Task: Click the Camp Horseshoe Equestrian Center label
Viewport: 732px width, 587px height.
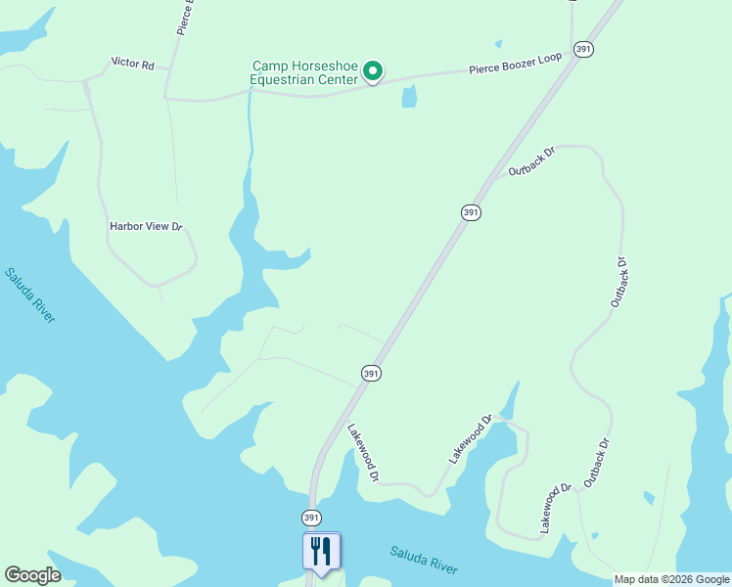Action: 305,72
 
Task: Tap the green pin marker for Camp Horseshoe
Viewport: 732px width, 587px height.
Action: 373,70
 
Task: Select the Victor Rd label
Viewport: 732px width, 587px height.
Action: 133,63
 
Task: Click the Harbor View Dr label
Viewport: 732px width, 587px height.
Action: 146,226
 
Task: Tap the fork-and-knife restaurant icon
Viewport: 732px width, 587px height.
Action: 321,551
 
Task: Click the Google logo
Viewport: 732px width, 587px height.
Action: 32,575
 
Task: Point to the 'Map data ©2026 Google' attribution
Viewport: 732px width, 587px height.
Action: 672,579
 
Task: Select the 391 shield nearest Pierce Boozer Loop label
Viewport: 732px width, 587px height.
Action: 583,49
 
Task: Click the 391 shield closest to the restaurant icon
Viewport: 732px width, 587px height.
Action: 311,517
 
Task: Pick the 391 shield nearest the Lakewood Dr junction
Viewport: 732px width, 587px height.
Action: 370,373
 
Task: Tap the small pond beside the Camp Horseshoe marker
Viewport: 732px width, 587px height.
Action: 409,96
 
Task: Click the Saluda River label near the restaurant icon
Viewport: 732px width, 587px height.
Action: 424,560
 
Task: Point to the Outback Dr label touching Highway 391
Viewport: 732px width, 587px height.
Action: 531,162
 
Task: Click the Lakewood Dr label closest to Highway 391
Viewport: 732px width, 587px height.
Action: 363,453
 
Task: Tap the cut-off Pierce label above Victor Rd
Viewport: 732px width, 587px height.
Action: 184,18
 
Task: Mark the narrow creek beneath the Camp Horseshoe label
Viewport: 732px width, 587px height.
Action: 252,127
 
